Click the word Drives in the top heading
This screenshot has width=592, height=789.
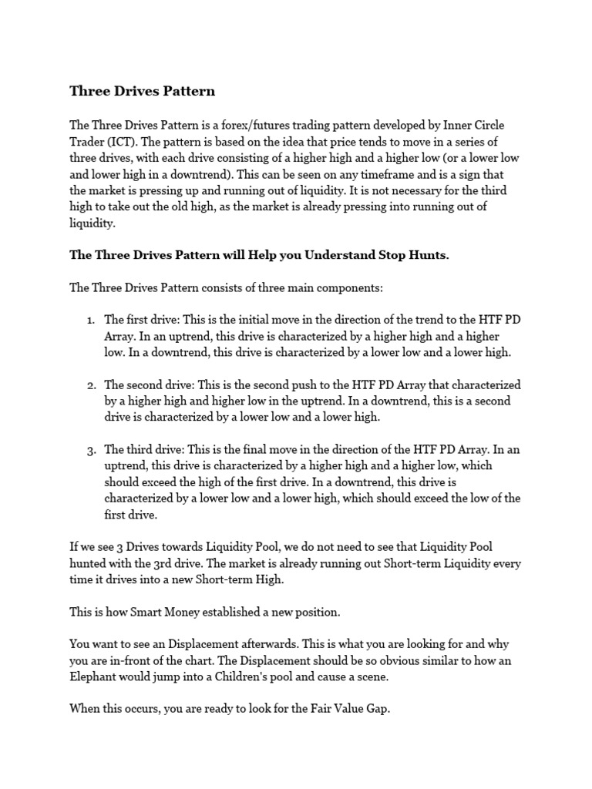tap(135, 91)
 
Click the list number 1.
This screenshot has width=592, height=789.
tap(89, 320)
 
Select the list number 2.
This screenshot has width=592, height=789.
tap(90, 384)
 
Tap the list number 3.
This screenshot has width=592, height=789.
tap(90, 450)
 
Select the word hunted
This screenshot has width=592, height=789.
tap(88, 564)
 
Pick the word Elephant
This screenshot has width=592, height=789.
tap(96, 677)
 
